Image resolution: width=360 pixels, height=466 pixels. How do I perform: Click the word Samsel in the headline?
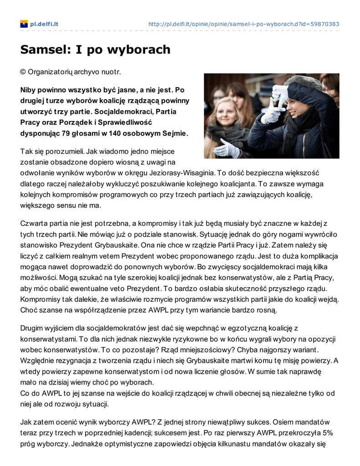tap(43, 49)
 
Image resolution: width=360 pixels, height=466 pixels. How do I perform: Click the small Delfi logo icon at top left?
tap(24, 24)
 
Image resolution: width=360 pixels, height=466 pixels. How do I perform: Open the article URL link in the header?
tap(244, 24)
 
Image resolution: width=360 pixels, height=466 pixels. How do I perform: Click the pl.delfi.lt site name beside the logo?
tap(44, 24)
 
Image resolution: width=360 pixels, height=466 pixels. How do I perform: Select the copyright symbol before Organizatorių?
tap(23, 72)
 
